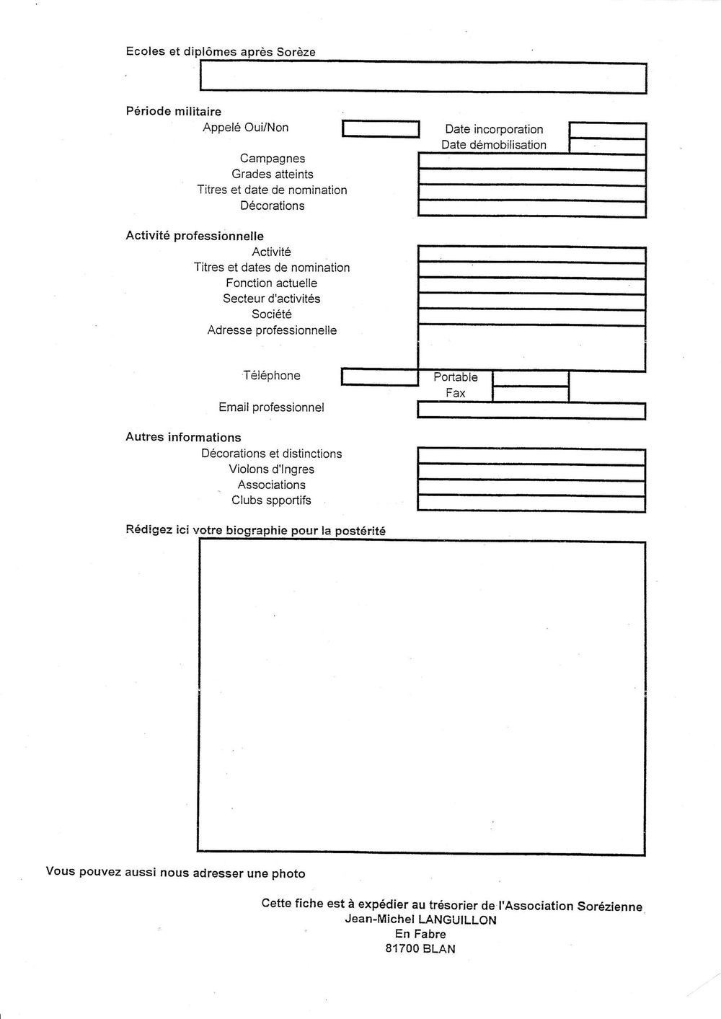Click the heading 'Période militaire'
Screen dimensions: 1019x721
pyautogui.click(x=173, y=112)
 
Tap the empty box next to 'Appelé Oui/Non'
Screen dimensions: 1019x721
pyautogui.click(x=380, y=129)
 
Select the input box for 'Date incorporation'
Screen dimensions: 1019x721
pyautogui.click(x=607, y=131)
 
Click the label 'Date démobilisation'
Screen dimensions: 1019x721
pyautogui.click(x=494, y=145)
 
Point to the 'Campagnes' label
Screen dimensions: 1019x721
pyautogui.click(x=273, y=159)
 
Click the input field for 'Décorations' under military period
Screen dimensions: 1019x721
pyautogui.click(x=531, y=208)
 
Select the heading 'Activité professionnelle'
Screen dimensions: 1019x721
pyautogui.click(x=195, y=237)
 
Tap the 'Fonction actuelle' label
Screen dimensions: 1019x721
pyautogui.click(x=271, y=283)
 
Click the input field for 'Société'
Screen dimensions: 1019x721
pyautogui.click(x=531, y=317)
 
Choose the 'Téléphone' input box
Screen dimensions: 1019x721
pyautogui.click(x=379, y=376)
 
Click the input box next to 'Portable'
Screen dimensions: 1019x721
pyautogui.click(x=530, y=378)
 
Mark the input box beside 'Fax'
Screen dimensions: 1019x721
pyautogui.click(x=530, y=394)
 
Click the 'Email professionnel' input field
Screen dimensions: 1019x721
pyautogui.click(x=531, y=410)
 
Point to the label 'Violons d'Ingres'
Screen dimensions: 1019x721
pyautogui.click(x=272, y=469)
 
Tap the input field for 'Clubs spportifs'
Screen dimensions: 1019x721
pyautogui.click(x=531, y=503)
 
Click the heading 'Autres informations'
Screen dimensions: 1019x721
pyautogui.click(x=183, y=438)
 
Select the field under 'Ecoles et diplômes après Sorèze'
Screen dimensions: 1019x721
pyautogui.click(x=423, y=77)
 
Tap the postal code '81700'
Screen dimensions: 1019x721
pyautogui.click(x=402, y=949)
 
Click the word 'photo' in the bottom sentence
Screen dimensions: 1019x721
pyautogui.click(x=288, y=874)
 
